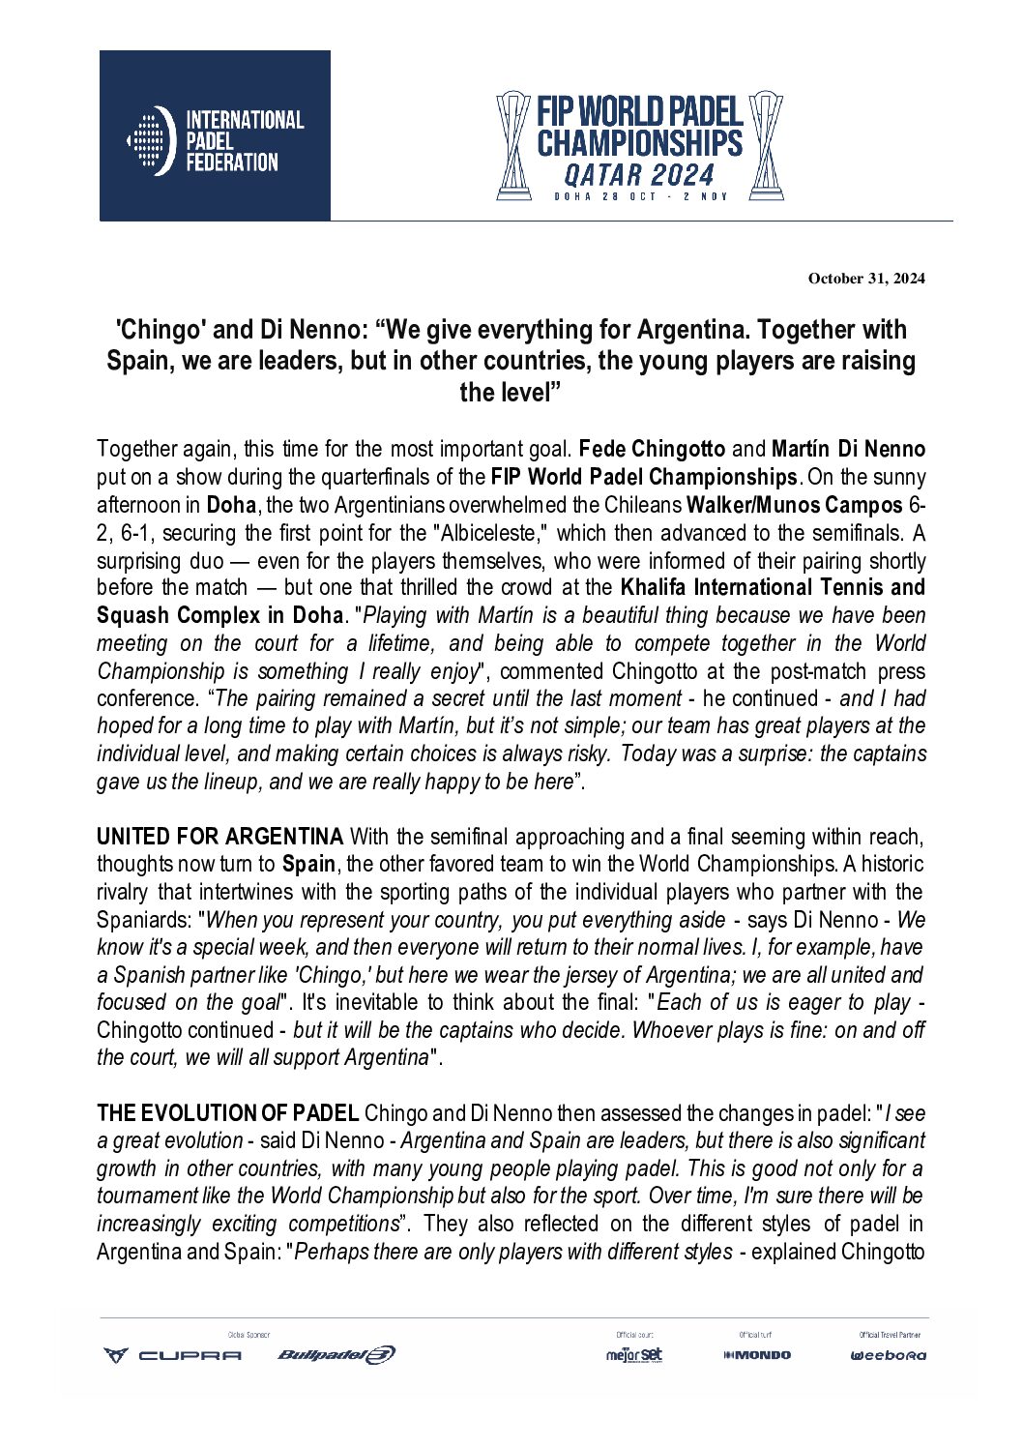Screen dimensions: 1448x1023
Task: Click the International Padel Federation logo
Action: [215, 136]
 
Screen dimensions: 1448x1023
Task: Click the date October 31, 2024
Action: [865, 279]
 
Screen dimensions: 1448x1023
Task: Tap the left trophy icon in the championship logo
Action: [513, 145]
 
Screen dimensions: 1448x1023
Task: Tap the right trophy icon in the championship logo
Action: [766, 145]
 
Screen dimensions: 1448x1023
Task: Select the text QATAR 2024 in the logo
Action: [639, 175]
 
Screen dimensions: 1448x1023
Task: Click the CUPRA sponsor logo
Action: [173, 1355]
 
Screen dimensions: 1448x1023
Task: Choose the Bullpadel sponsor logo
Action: [336, 1355]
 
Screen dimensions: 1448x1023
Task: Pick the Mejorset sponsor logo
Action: [634, 1355]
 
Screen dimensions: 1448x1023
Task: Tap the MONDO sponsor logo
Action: [757, 1355]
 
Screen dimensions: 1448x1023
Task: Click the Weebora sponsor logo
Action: [888, 1355]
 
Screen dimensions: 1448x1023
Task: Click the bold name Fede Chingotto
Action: [652, 449]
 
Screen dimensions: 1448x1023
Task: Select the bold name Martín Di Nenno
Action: [848, 449]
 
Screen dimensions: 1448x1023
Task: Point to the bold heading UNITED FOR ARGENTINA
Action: [219, 837]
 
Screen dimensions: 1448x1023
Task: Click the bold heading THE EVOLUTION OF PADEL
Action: [228, 1114]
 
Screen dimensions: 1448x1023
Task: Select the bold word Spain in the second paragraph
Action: [308, 864]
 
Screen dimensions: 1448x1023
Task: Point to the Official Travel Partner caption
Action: [889, 1335]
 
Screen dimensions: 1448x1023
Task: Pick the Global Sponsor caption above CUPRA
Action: [248, 1335]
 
